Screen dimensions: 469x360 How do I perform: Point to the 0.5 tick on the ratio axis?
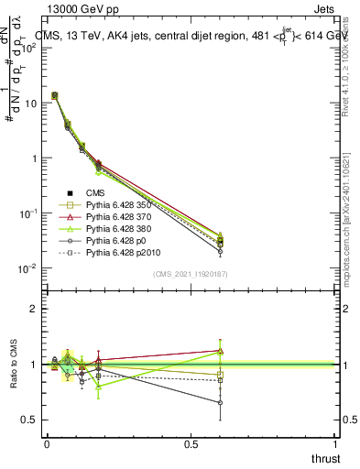click(x=31, y=420)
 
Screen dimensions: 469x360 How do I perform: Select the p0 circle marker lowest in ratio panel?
click(x=220, y=402)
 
